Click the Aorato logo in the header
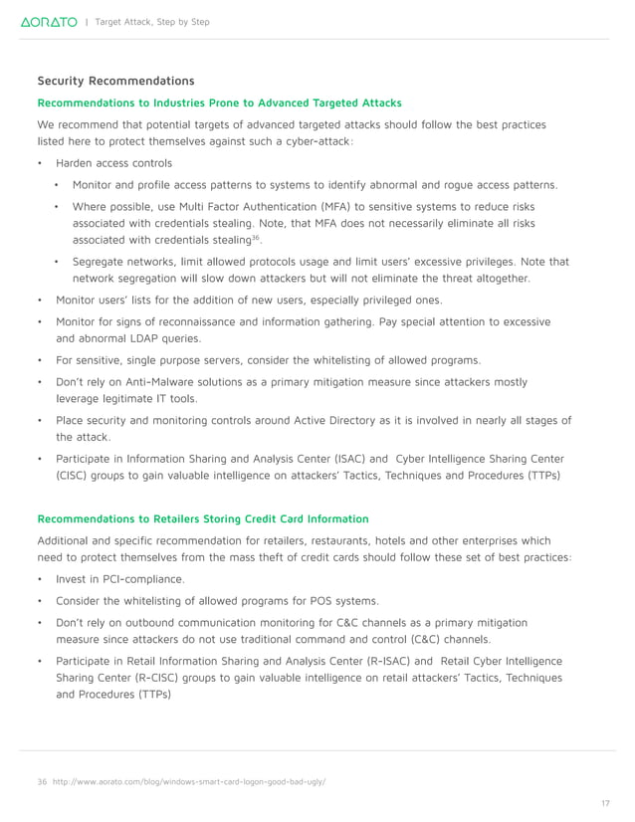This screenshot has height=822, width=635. pyautogui.click(x=49, y=22)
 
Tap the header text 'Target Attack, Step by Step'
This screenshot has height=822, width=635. pyautogui.click(x=151, y=22)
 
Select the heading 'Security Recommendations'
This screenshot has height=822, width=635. pyautogui.click(x=115, y=81)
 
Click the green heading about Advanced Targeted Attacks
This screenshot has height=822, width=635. pyautogui.click(x=219, y=103)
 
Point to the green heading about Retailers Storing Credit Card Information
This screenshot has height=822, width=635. pyautogui.click(x=202, y=518)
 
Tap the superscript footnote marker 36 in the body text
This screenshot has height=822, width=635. pyautogui.click(x=256, y=237)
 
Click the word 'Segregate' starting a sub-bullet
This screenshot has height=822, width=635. pyautogui.click(x=100, y=262)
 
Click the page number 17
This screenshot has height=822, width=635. pyautogui.click(x=605, y=802)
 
